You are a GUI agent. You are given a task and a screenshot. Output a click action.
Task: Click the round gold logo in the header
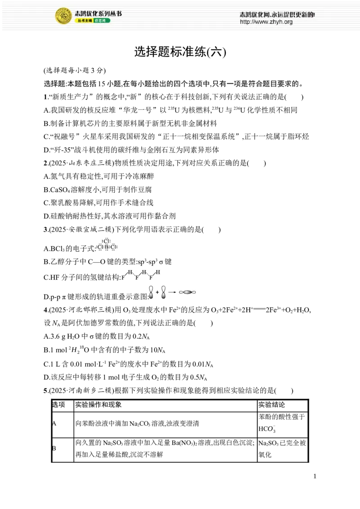click(x=63, y=16)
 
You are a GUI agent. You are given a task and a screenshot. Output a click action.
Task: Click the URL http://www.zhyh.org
click(x=266, y=22)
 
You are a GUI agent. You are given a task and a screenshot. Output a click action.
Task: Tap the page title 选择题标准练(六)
click(x=180, y=52)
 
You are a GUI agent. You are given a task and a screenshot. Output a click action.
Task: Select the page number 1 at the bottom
click(x=315, y=476)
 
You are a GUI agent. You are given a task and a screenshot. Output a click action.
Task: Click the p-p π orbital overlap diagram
click(x=172, y=292)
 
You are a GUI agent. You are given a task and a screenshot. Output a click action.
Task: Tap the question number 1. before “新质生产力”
click(x=45, y=97)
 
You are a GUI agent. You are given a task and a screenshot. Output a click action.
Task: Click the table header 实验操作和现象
click(x=99, y=405)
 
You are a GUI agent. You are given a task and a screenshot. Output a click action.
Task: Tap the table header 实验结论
click(x=272, y=405)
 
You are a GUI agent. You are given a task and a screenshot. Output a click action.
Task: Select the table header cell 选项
click(x=59, y=405)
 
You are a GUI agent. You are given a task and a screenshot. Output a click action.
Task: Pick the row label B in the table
click(x=54, y=448)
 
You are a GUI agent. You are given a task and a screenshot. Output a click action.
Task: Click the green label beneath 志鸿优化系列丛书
click(x=102, y=21)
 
